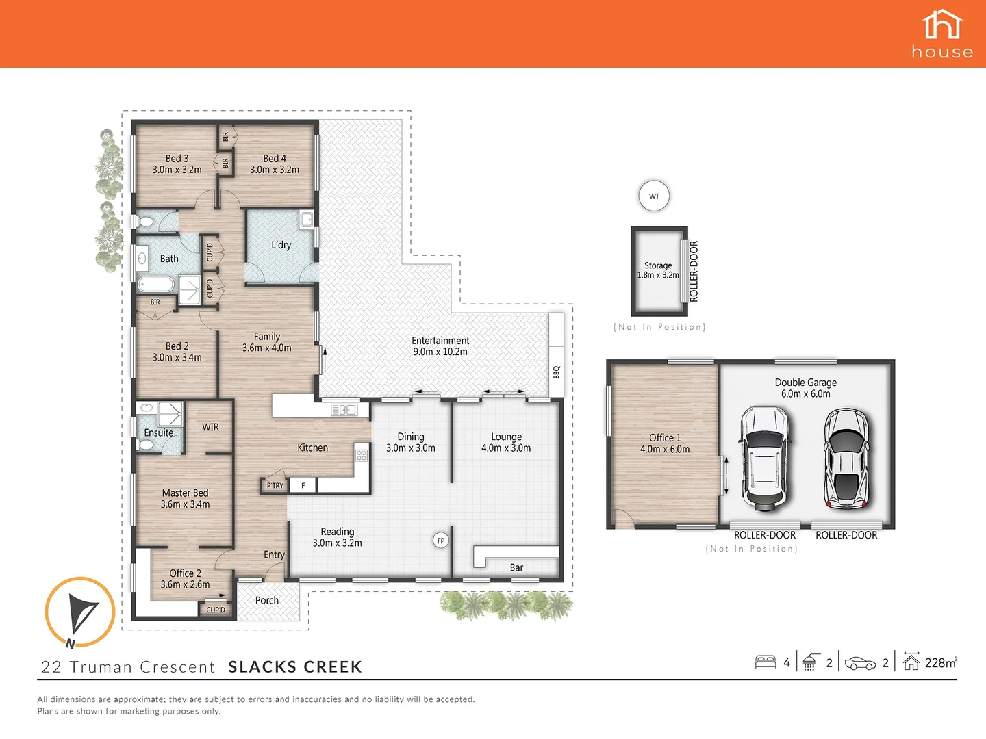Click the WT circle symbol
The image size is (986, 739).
[654, 196]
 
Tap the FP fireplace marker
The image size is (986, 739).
[441, 541]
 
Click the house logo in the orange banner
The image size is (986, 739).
[942, 34]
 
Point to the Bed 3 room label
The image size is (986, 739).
[177, 164]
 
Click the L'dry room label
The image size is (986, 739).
[281, 245]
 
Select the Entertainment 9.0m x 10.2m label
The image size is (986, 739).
[440, 346]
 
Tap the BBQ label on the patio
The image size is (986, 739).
[557, 372]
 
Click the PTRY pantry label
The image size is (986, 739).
[275, 486]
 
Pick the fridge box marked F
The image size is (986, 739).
[303, 486]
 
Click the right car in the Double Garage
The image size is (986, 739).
[847, 458]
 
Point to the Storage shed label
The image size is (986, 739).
[658, 270]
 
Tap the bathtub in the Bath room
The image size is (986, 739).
[155, 285]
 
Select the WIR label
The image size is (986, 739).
[210, 427]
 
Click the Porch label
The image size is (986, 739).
[267, 600]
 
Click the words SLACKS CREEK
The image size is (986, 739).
[295, 667]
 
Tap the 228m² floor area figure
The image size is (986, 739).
[941, 662]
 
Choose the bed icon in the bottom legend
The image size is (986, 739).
[765, 662]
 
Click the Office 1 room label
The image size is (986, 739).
[665, 443]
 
